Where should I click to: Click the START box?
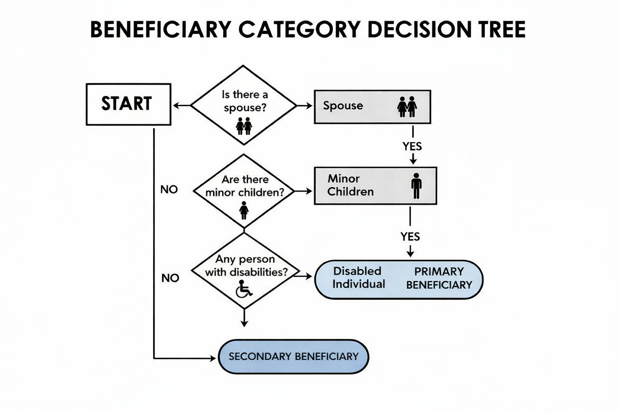(x=128, y=104)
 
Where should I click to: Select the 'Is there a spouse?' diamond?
(x=243, y=105)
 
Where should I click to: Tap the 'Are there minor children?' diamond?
(x=244, y=191)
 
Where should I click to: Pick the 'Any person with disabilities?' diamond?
(x=245, y=270)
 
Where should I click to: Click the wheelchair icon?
(x=244, y=288)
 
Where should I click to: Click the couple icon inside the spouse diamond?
(x=244, y=126)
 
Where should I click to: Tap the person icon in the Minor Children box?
(x=416, y=186)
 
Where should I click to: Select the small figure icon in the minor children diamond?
(x=244, y=210)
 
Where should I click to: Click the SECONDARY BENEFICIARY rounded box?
(x=293, y=357)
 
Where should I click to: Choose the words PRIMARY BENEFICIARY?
(x=439, y=278)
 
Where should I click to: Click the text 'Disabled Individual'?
(x=358, y=277)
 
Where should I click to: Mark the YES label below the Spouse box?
(x=412, y=146)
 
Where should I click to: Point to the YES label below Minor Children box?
(x=410, y=236)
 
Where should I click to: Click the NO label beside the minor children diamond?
(x=169, y=190)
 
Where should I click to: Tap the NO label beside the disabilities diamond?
(x=170, y=278)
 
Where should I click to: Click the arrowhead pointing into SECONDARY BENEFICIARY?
(x=213, y=358)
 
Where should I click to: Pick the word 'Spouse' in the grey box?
(x=343, y=106)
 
